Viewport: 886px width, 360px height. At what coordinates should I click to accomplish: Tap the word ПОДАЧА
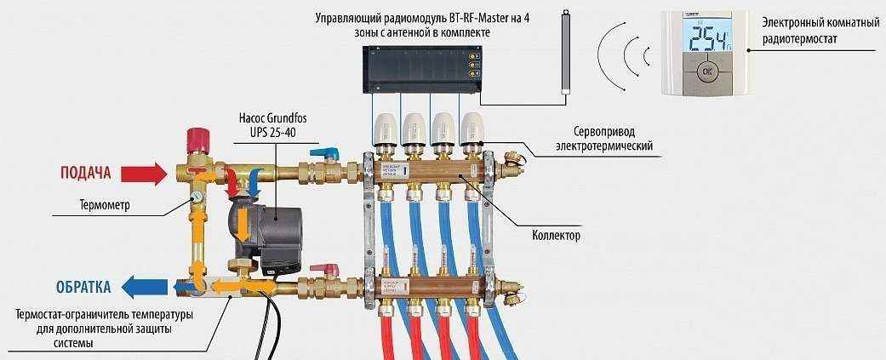[x=86, y=174]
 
